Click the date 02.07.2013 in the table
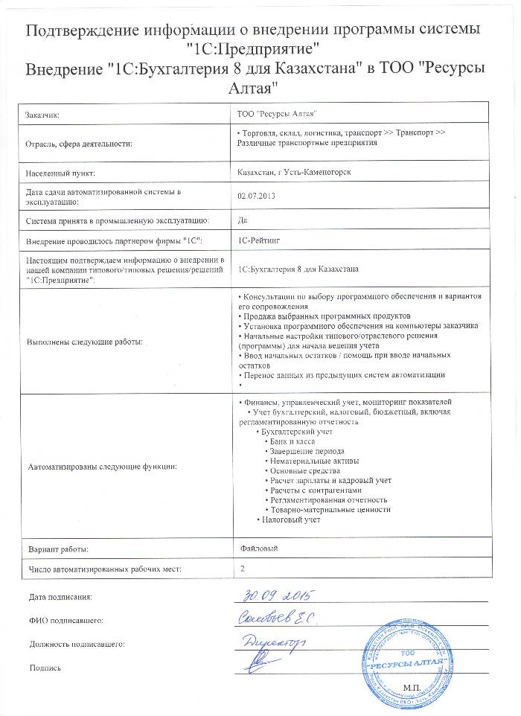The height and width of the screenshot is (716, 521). [253, 196]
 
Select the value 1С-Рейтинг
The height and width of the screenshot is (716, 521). [259, 241]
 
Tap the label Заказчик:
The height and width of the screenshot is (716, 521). [42, 115]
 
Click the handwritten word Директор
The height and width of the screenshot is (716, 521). [272, 639]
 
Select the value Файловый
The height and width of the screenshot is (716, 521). [255, 549]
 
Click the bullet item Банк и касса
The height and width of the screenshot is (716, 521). [290, 441]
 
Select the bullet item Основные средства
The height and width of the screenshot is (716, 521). [302, 470]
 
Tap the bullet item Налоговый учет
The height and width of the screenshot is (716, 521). [291, 519]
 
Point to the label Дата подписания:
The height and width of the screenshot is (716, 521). [60, 596]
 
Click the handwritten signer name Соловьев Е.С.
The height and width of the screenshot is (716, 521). [277, 617]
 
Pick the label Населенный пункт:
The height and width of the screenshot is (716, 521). [60, 173]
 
